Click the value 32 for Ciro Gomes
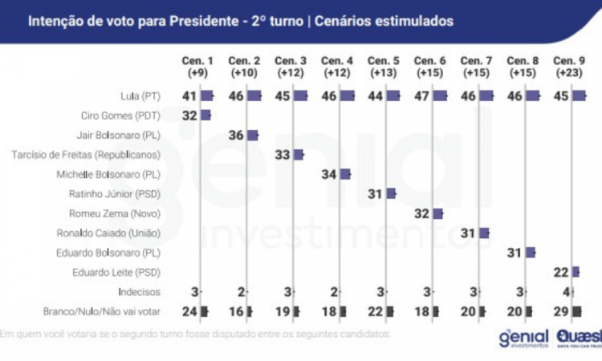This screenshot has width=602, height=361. coord(189,116)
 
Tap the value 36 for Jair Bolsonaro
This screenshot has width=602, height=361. coord(236,135)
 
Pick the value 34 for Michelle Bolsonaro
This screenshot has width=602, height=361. coord(329,174)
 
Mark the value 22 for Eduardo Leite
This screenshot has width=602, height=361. coord(561,273)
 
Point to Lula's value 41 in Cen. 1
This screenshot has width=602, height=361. coord(189,95)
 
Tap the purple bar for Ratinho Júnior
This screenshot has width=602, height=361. coord(391,193)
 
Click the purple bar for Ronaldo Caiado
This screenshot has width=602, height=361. coord(484,233)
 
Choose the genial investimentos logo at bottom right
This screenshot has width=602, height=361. coord(523,338)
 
